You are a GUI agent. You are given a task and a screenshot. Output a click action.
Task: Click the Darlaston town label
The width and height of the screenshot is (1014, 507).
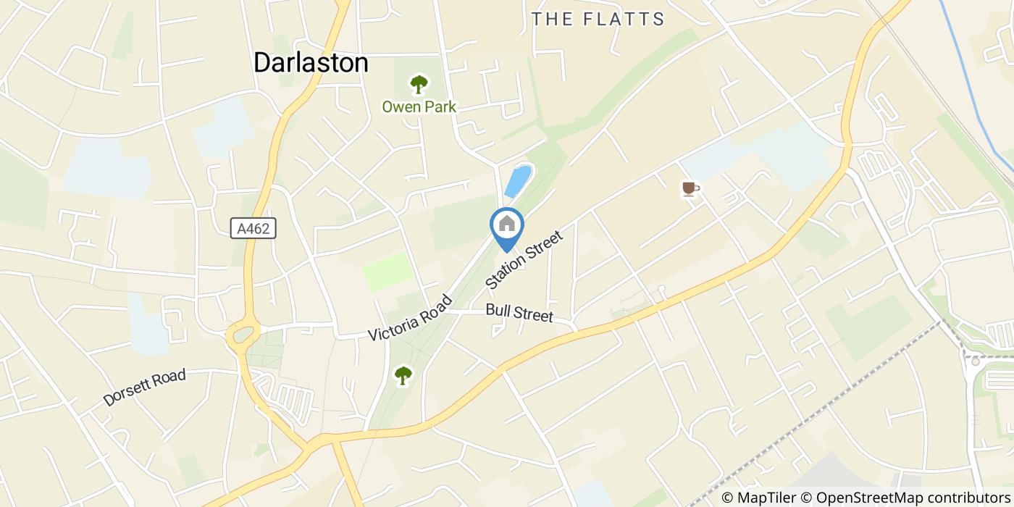point(311,63)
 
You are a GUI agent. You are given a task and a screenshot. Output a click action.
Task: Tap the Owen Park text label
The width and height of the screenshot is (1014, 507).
point(419,107)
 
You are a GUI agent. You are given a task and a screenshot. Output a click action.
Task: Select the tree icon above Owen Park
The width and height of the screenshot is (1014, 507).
point(419,85)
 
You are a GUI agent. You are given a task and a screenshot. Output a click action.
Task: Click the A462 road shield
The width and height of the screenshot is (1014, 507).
point(253,229)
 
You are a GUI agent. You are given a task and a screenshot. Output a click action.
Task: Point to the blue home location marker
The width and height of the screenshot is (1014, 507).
point(507,225)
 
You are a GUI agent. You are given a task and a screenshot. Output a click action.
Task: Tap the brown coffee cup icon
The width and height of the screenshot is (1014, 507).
point(690,189)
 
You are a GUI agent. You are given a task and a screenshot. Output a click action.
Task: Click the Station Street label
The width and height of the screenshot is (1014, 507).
point(524,260)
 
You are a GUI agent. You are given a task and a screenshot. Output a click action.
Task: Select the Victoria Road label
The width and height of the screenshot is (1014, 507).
point(409,319)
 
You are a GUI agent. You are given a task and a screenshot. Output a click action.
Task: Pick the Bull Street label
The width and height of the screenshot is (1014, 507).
point(519,313)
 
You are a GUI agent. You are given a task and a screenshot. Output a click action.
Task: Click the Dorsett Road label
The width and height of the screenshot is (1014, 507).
point(144,387)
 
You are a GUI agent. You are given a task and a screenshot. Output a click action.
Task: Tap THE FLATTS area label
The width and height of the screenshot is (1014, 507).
point(598,20)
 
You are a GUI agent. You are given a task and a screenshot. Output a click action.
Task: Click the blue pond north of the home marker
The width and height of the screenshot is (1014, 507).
point(518,181)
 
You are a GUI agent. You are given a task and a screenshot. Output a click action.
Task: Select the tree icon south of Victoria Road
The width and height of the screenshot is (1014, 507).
point(403,375)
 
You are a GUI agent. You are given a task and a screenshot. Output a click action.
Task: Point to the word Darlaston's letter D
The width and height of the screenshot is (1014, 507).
point(262,63)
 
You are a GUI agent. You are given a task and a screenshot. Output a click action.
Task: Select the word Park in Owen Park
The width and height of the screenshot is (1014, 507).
point(440,107)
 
